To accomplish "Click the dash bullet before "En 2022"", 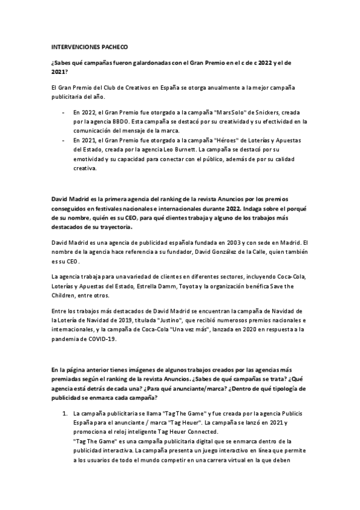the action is [x=64, y=112].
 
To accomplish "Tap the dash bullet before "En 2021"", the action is [x=64, y=140].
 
